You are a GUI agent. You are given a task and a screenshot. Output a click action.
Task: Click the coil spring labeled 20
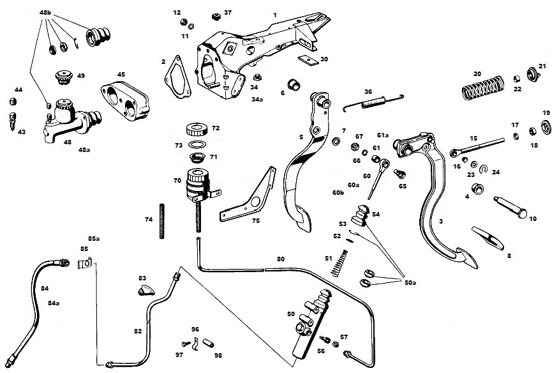482,86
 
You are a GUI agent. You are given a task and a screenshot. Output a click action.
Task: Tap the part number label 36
368,92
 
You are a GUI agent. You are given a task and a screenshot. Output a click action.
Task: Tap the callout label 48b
47,12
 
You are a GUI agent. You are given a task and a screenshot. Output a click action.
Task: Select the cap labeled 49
65,77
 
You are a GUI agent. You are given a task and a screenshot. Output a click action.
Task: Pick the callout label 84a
56,303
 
